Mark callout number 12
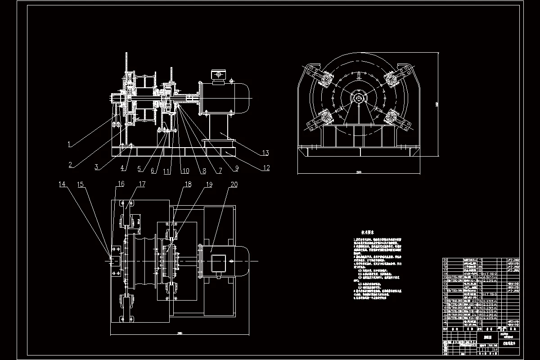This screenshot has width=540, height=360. click(x=266, y=168)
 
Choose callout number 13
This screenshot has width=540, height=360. click(x=265, y=153)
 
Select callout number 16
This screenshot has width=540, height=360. click(x=121, y=184)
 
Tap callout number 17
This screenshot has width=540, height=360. click(x=142, y=184)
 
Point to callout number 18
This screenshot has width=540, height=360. click(x=188, y=184)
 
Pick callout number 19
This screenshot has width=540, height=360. click(x=209, y=184)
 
